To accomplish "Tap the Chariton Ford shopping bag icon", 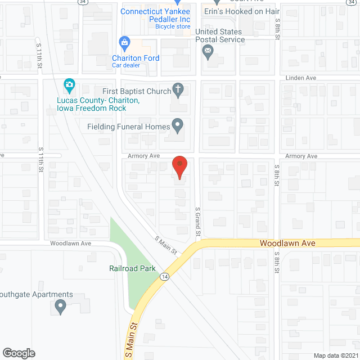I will pyautogui.click(x=124, y=42).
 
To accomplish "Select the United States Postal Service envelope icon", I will pyautogui.click(x=208, y=52).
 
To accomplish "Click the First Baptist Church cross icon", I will pyautogui.click(x=178, y=89).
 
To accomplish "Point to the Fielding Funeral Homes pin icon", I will pyautogui.click(x=178, y=126).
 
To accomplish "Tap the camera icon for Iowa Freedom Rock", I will pyautogui.click(x=69, y=86).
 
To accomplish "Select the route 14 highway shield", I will pyautogui.click(x=164, y=277).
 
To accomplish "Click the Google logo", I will pyautogui.click(x=18, y=353).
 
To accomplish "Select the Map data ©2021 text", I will pyautogui.click(x=335, y=355).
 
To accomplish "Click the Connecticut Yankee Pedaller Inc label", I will pyautogui.click(x=155, y=15).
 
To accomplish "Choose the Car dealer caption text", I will pyautogui.click(x=125, y=65).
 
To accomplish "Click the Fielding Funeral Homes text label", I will pyautogui.click(x=128, y=127).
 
